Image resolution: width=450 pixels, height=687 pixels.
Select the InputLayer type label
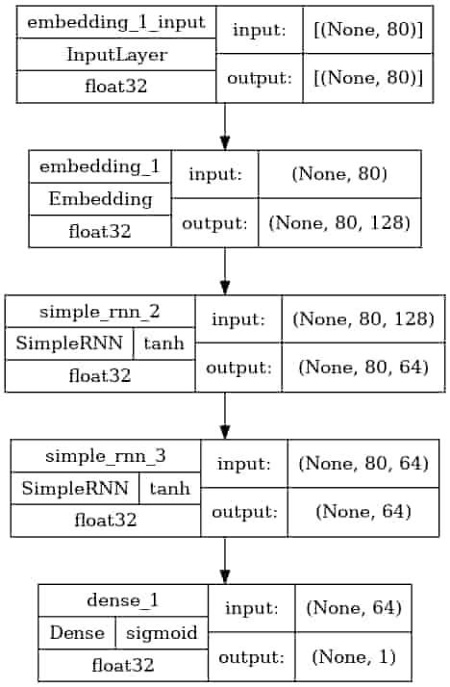[x=115, y=55]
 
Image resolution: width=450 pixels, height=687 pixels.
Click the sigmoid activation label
[x=161, y=634]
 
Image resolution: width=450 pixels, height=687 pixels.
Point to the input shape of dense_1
[x=351, y=607]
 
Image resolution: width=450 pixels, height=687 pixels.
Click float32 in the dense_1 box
[x=122, y=665]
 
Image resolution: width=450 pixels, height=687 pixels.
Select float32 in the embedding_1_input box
[x=115, y=87]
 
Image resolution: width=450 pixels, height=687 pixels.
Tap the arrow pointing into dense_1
[x=224, y=560]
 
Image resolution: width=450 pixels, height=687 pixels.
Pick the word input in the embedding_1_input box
[x=254, y=31]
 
